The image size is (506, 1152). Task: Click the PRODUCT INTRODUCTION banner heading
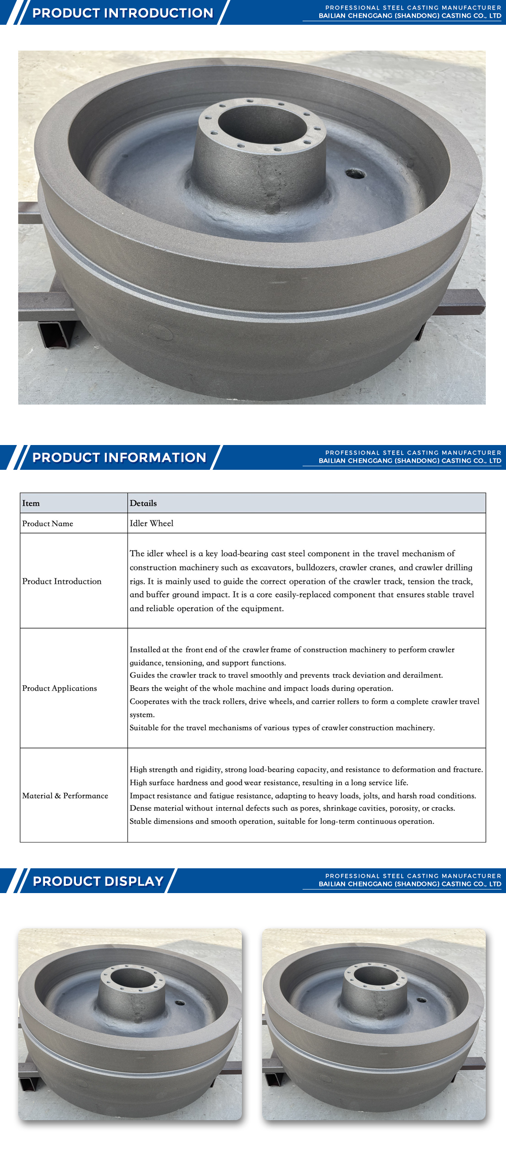(123, 13)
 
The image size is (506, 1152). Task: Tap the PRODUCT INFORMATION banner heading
(119, 458)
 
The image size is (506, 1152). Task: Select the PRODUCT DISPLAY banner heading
(98, 881)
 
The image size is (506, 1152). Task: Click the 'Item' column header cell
(31, 503)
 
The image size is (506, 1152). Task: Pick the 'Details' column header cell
(143, 503)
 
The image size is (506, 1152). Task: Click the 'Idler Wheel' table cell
(151, 523)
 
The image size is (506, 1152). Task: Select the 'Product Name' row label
(48, 523)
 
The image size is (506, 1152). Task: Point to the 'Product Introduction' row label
(62, 582)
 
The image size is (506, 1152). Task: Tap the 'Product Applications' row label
(59, 688)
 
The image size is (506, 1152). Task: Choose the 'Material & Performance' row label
(65, 796)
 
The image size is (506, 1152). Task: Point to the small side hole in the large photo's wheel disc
(355, 174)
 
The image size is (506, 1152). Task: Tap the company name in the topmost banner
(410, 16)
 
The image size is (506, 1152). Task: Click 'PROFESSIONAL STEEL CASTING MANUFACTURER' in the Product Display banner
(413, 876)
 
